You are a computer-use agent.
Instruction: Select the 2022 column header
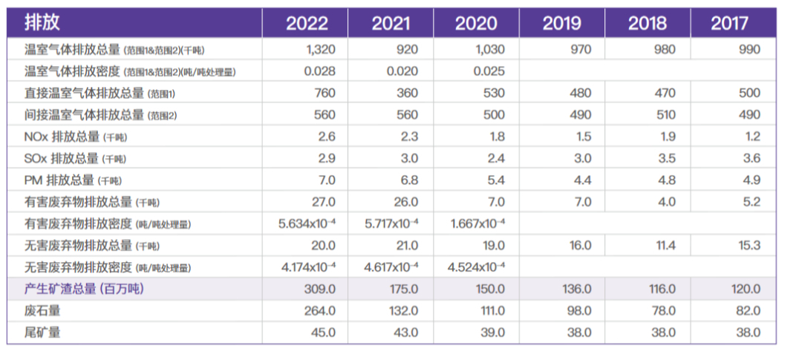307,23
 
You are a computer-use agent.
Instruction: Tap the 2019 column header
561,23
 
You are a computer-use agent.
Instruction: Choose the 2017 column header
729,23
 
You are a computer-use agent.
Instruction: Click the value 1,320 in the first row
320,50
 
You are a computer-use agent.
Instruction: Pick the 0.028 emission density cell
320,71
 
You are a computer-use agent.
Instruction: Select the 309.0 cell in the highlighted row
320,289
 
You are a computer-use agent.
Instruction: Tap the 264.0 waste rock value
320,310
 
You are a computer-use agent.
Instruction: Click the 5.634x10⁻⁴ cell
306,223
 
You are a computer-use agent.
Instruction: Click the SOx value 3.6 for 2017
751,158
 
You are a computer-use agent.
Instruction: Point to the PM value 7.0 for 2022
326,180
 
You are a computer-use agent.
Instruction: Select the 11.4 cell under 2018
662,245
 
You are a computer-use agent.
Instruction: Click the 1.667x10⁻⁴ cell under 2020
476,223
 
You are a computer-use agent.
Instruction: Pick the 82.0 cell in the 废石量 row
747,310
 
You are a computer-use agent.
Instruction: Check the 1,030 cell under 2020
489,50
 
